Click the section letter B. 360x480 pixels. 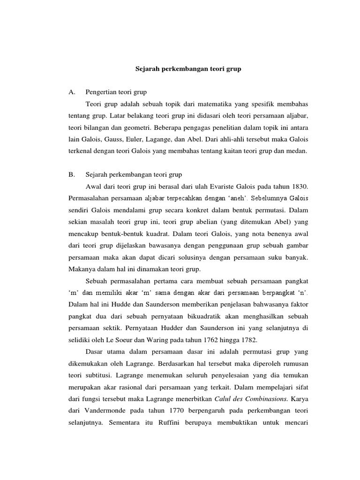point(71,174)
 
